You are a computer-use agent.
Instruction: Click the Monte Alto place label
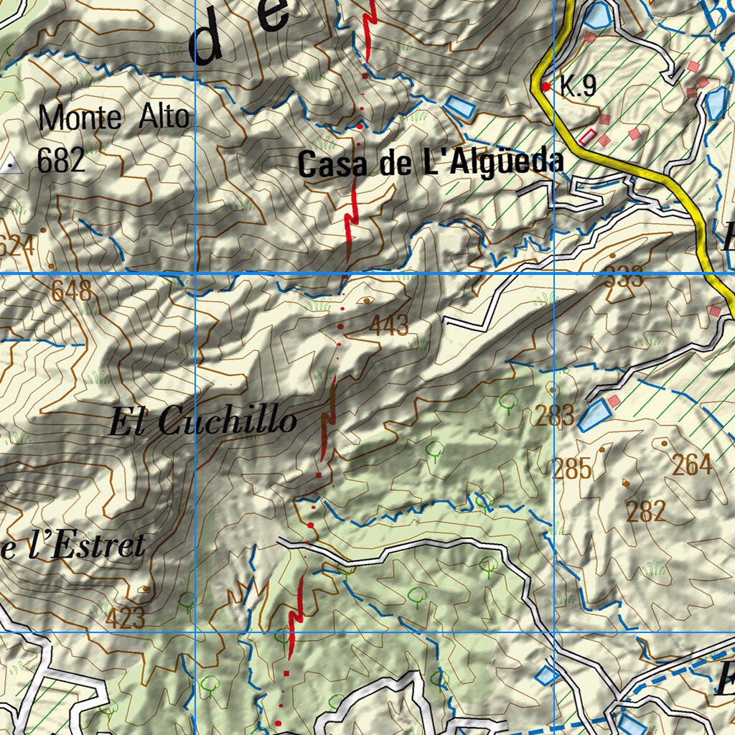[114, 118]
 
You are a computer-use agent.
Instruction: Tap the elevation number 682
[61, 160]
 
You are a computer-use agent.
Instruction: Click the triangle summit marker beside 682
[11, 164]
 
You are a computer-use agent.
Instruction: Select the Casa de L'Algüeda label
[430, 164]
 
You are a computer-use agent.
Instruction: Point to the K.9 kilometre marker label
[579, 87]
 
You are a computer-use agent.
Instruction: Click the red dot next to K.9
[546, 86]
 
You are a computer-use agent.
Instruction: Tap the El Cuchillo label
[202, 421]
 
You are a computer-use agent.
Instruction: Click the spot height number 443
[389, 326]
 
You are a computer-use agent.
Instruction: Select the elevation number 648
[71, 291]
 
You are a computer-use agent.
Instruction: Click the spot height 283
[554, 415]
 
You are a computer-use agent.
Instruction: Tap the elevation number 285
[572, 469]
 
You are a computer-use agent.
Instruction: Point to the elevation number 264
[692, 465]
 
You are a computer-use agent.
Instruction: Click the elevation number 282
[646, 511]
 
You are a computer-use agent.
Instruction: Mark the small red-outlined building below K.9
[587, 136]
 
